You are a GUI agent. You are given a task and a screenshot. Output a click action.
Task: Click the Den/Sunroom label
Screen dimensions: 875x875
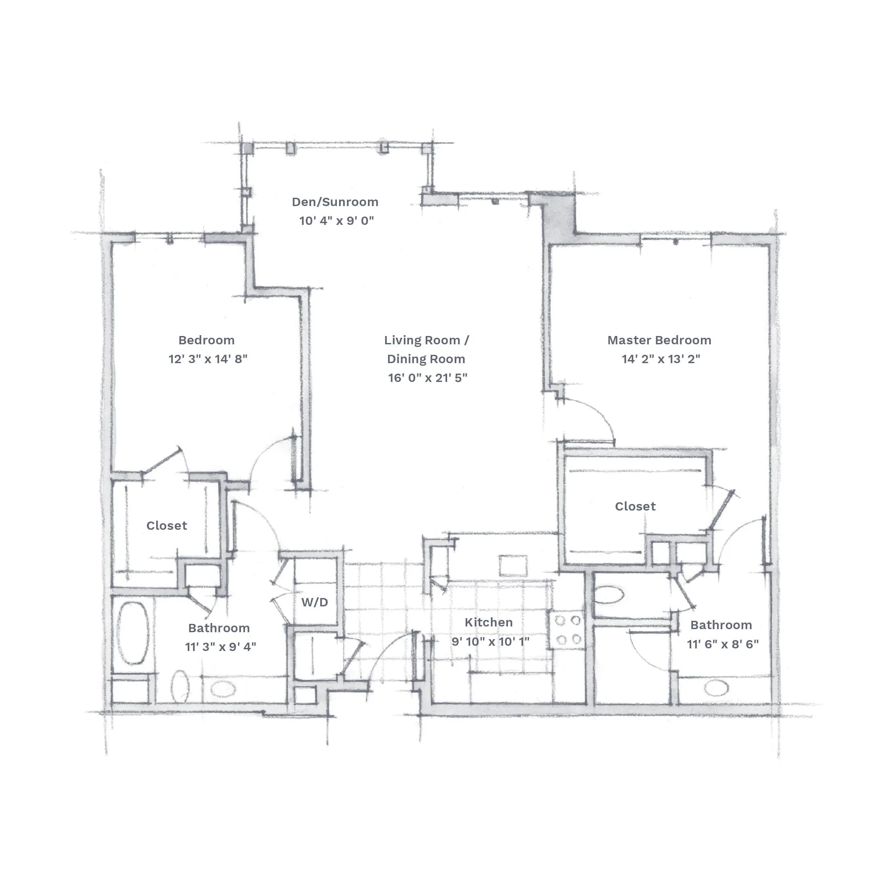(x=335, y=202)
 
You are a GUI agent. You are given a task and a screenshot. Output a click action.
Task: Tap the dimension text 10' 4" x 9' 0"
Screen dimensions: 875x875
(x=336, y=220)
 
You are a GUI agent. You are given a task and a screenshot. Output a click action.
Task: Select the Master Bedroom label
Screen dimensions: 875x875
(x=659, y=340)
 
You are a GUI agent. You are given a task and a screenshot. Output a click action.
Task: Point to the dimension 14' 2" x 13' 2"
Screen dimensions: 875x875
(x=661, y=359)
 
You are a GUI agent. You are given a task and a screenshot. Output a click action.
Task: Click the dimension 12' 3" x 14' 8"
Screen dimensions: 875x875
(x=208, y=359)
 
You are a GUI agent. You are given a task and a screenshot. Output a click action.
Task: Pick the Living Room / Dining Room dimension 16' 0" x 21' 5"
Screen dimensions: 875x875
(x=427, y=377)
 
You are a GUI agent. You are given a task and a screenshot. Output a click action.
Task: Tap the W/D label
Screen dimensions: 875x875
(x=315, y=602)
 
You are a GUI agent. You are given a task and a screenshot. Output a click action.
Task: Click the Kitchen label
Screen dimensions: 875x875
(x=489, y=622)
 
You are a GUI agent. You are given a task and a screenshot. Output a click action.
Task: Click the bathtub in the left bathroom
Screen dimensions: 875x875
(x=133, y=633)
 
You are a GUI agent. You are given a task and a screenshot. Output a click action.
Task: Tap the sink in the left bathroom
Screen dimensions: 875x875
(x=223, y=689)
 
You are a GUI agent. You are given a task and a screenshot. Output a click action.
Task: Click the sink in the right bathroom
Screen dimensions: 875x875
(x=716, y=688)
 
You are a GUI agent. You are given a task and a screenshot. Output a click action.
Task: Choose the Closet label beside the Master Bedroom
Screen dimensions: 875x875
(x=635, y=506)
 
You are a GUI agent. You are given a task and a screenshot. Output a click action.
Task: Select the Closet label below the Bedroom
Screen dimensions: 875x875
(x=167, y=525)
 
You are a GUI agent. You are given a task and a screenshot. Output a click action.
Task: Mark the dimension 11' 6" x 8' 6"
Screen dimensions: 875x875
(x=723, y=644)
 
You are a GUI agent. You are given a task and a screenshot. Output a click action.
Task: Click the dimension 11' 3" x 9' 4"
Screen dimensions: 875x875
(x=220, y=646)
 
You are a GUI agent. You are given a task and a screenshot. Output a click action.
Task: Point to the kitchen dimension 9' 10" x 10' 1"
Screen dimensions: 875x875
(x=490, y=641)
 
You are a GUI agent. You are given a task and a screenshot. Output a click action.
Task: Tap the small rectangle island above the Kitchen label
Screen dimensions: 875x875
(x=514, y=566)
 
